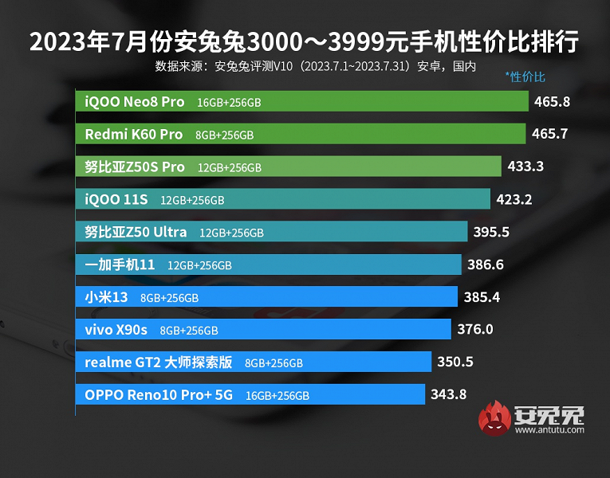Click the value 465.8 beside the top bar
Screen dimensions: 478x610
(553, 101)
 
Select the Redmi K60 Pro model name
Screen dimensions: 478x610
(133, 134)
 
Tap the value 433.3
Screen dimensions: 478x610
(525, 167)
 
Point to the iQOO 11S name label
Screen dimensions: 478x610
(117, 199)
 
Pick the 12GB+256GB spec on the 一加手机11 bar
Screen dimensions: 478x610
(199, 265)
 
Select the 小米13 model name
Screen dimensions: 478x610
(107, 297)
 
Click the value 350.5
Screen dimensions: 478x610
(455, 362)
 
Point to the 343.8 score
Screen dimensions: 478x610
(448, 394)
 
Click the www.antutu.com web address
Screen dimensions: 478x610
(549, 430)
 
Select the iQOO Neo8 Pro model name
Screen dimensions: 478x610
(135, 101)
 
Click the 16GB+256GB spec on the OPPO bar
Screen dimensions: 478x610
(277, 395)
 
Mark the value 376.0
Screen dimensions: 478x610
(475, 329)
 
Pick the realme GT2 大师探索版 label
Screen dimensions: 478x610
(159, 362)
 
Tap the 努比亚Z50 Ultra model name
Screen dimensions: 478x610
(136, 232)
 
